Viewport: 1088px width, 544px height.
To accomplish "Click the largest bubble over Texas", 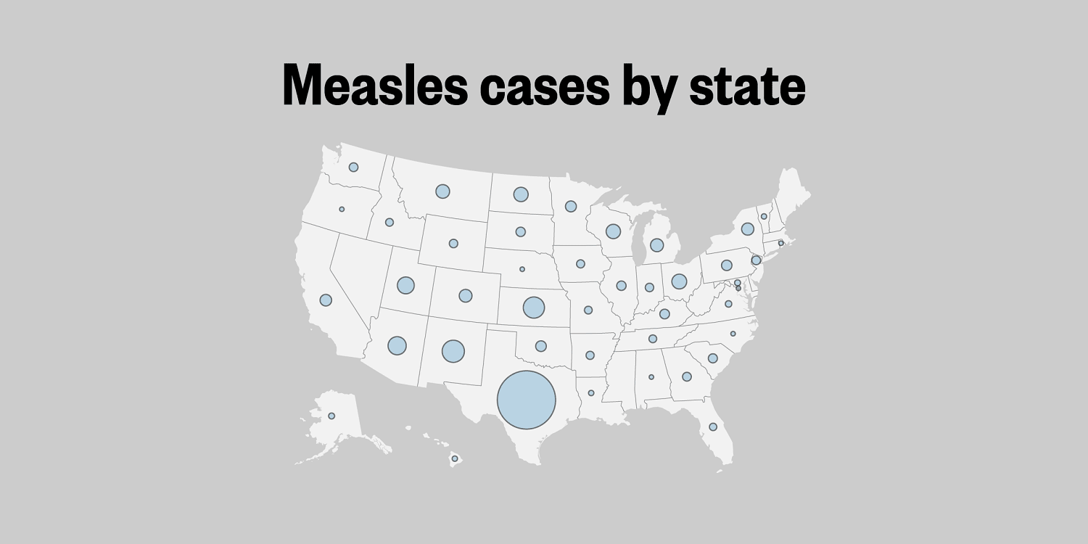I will click(x=527, y=400).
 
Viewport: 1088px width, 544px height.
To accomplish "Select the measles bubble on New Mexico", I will click(x=453, y=351).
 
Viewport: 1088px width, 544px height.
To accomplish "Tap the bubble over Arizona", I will click(x=397, y=345).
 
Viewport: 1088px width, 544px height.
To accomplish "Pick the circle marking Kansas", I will click(x=534, y=308).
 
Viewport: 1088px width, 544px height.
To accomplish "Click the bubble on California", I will click(x=326, y=300).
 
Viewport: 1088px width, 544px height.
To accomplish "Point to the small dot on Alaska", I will click(x=331, y=416).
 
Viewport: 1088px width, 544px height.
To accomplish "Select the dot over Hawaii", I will click(x=455, y=458).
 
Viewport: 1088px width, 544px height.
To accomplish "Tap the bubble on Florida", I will click(x=713, y=426).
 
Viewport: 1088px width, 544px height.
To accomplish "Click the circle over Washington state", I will click(x=353, y=167).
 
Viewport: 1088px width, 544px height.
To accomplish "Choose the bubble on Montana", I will click(x=442, y=191).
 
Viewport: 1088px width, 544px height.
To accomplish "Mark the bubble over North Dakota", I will click(x=521, y=194).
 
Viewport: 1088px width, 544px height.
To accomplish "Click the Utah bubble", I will click(x=405, y=285).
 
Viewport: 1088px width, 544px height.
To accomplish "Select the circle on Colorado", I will click(x=466, y=296).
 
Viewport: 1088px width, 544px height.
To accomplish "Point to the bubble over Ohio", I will click(x=679, y=281).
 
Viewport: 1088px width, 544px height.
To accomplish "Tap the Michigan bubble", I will click(x=656, y=245).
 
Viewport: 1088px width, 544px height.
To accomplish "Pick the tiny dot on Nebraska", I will click(x=522, y=269).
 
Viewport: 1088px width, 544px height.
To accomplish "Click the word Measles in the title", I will click(x=374, y=86).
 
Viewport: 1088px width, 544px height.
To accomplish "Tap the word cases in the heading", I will click(x=544, y=86).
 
